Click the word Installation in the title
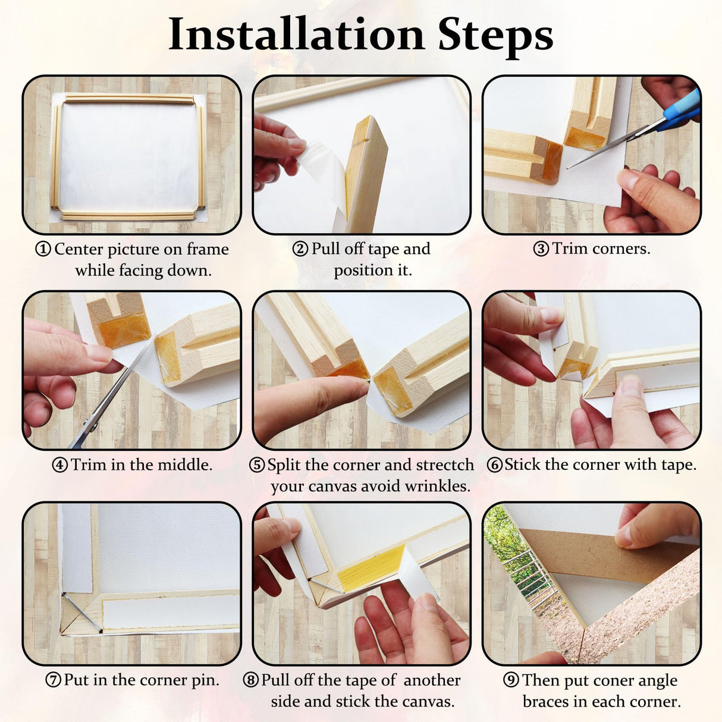pyautogui.click(x=296, y=34)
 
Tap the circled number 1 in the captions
pyautogui.click(x=43, y=249)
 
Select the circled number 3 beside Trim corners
pyautogui.click(x=541, y=249)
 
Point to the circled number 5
pyautogui.click(x=257, y=465)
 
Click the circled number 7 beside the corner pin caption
pyautogui.click(x=54, y=680)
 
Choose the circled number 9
pyautogui.click(x=511, y=680)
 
